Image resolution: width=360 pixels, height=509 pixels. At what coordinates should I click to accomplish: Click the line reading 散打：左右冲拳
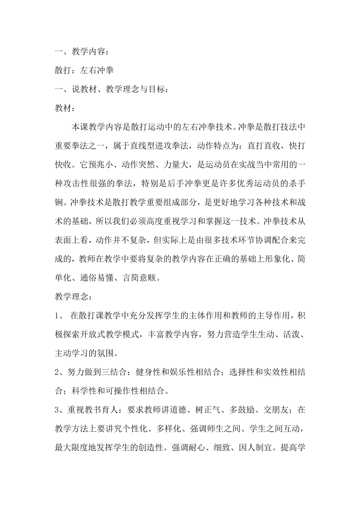84,70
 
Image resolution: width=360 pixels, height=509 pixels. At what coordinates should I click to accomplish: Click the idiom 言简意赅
143,278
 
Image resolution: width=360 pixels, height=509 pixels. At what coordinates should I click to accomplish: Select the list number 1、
59,316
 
